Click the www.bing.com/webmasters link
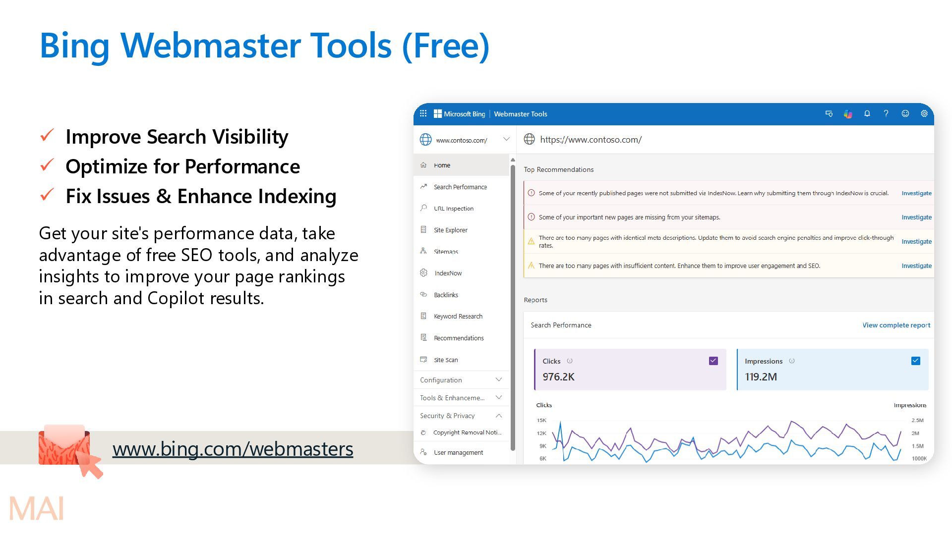tap(233, 449)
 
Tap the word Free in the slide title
tap(445, 45)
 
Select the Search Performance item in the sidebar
tap(460, 187)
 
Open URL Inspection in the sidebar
tap(454, 209)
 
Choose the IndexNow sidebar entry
tap(448, 273)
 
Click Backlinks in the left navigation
tap(446, 295)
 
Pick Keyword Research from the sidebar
tap(458, 316)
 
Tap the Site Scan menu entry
tap(446, 360)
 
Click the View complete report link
tap(896, 325)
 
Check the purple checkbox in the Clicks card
tap(714, 361)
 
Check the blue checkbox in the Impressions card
tap(916, 361)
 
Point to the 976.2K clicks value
tap(558, 376)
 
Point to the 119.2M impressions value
tap(761, 376)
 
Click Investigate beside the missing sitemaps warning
tap(916, 217)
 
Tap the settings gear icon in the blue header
tap(924, 113)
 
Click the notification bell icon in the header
tap(867, 113)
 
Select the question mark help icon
tap(886, 113)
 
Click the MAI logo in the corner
tap(37, 508)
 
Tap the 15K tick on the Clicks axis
tap(541, 420)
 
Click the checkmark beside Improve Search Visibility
tap(47, 135)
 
